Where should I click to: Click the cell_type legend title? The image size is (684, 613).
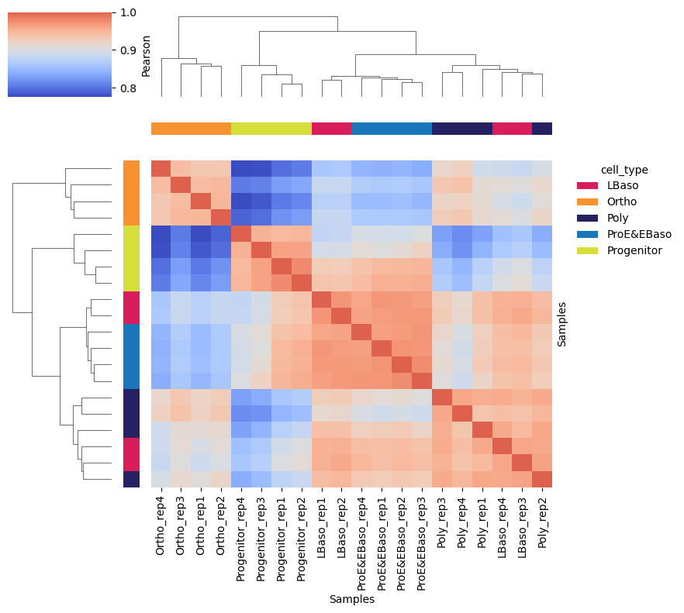[x=624, y=170]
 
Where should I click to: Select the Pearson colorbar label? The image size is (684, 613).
[x=146, y=55]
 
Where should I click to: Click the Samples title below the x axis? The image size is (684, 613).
[x=351, y=599]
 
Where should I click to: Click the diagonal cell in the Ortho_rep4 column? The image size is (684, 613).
[x=161, y=169]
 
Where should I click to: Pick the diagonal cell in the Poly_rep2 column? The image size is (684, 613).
[x=542, y=479]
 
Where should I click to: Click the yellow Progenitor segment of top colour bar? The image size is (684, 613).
[x=271, y=129]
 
